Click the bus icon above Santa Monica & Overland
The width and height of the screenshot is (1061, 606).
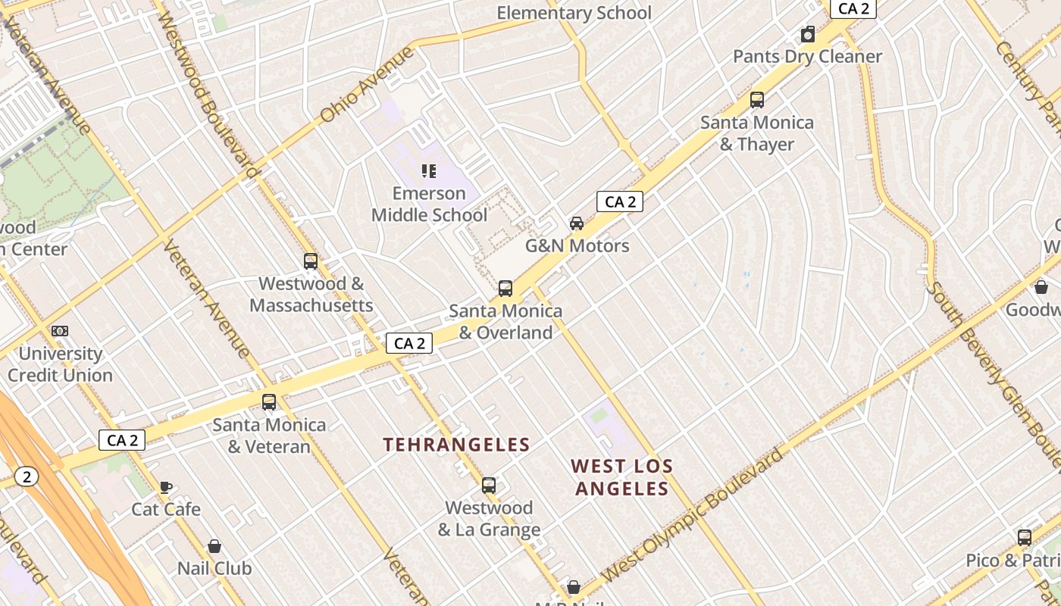tap(505, 289)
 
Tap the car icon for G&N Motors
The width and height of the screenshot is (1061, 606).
tap(577, 223)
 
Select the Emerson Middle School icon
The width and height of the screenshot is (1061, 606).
tap(429, 171)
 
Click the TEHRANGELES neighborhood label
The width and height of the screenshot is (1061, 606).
tap(456, 445)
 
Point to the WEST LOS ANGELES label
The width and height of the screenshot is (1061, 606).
tap(621, 477)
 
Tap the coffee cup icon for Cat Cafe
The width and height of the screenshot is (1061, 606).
tap(166, 487)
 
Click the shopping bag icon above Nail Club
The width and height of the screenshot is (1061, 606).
tap(214, 546)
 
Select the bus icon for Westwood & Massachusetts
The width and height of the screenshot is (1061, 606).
tap(311, 261)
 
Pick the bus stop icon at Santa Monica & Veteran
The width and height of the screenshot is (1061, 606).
tap(269, 402)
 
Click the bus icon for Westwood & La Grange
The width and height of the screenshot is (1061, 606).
tap(489, 486)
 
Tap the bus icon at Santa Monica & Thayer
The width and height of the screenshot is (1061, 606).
tap(756, 100)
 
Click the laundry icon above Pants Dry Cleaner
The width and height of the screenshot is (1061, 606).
tap(808, 35)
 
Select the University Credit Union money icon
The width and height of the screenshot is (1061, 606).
tap(60, 331)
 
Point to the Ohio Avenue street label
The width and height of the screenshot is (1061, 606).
tap(368, 85)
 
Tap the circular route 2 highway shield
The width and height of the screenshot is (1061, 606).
tap(27, 476)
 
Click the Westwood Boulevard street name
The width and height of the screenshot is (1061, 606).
tap(205, 91)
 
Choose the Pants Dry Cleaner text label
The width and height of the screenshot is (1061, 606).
tap(807, 57)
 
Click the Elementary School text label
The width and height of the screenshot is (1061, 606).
tap(574, 13)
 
